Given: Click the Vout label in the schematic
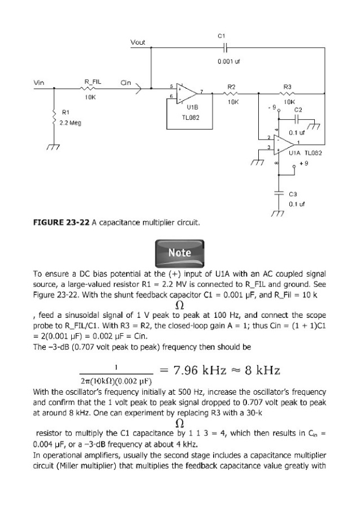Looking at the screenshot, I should point(137,42).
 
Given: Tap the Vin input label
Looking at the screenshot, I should point(39,83).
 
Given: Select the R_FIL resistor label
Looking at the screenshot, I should point(93,83).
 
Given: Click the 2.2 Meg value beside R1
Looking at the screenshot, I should point(70,123).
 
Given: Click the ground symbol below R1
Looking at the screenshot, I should point(54,146).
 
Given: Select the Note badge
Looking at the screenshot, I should point(180,252).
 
